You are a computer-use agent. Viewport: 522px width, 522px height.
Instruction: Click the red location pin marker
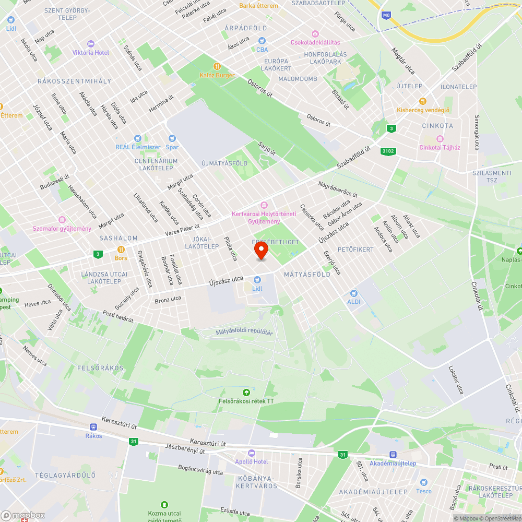(x=260, y=251)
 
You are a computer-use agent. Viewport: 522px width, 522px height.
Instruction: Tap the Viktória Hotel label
(x=91, y=53)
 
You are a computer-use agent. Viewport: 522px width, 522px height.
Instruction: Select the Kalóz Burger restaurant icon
(x=217, y=66)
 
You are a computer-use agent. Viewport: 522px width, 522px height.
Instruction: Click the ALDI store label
(x=354, y=302)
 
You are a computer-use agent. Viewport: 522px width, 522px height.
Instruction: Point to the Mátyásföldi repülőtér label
(x=244, y=332)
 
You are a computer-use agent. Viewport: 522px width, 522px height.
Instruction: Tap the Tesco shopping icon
(x=423, y=482)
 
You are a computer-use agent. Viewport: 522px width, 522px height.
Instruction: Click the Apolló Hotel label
(x=251, y=461)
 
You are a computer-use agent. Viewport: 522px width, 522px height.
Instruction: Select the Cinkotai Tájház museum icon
(x=440, y=139)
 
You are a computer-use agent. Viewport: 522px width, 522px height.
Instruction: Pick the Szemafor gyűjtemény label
(x=62, y=229)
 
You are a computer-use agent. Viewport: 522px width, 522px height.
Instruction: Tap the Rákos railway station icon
(x=93, y=426)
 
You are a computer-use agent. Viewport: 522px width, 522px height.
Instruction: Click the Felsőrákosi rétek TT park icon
(x=246, y=392)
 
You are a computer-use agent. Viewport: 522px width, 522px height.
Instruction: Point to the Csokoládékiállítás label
(x=316, y=42)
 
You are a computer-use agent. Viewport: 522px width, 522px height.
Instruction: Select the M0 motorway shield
(x=386, y=16)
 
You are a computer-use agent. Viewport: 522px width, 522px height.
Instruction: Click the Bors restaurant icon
(x=121, y=250)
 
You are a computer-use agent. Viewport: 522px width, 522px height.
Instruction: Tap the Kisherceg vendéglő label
(x=423, y=110)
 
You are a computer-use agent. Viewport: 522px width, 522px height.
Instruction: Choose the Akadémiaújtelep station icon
(x=393, y=455)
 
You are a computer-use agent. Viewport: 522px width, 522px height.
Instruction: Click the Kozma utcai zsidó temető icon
(x=164, y=504)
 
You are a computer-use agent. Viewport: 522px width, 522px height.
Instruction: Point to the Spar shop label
(x=172, y=147)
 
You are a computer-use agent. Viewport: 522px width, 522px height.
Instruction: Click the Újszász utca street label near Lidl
(x=226, y=281)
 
